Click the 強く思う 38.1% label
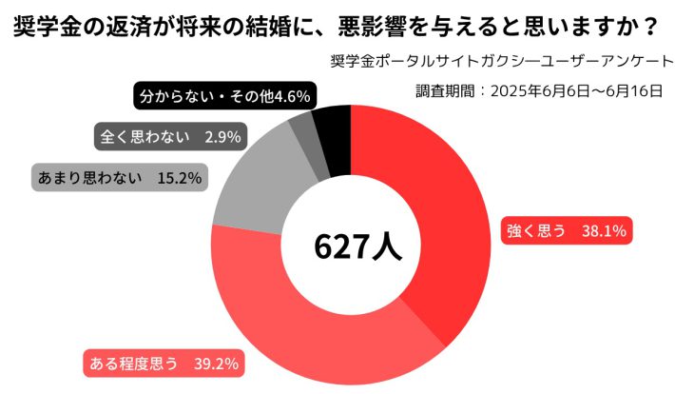[566, 229]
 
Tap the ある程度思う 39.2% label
[163, 362]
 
